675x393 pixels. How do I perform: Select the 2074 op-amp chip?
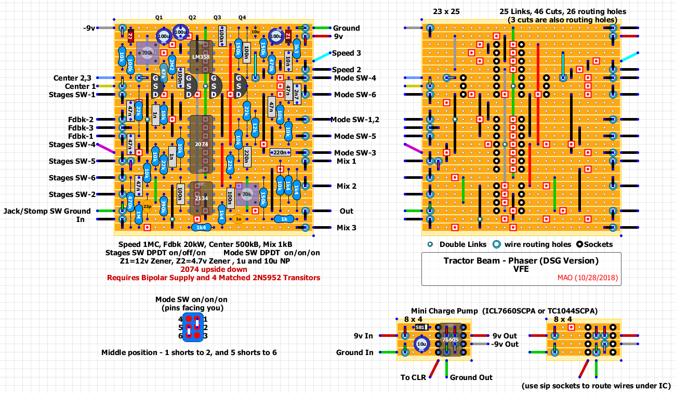coord(201,143)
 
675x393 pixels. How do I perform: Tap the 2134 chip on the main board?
coord(201,198)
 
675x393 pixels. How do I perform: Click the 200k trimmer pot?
coord(147,53)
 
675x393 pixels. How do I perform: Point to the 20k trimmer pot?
coord(247,194)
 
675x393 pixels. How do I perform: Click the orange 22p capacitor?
coord(147,207)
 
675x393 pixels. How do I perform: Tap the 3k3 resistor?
coord(297,49)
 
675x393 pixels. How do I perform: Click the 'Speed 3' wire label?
coord(346,53)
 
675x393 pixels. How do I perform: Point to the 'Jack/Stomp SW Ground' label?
coord(47,211)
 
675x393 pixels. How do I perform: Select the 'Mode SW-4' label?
coord(355,78)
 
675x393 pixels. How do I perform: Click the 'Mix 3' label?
coord(347,228)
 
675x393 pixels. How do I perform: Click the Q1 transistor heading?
coord(160,17)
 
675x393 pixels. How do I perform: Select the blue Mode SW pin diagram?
coord(193,327)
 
